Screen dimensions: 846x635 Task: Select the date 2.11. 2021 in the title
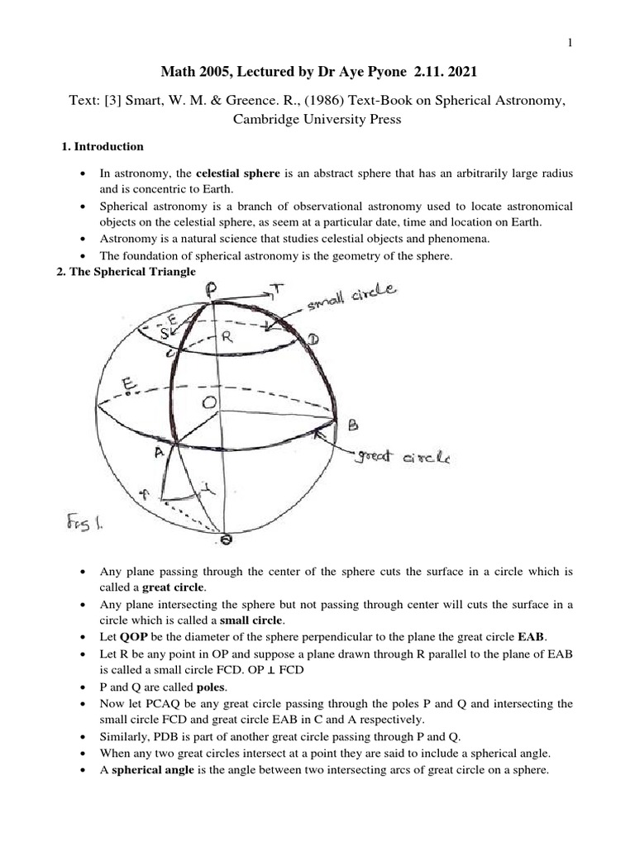click(x=439, y=74)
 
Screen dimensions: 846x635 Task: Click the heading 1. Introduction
click(x=103, y=146)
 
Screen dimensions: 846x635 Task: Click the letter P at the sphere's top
click(x=212, y=290)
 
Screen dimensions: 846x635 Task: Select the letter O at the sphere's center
click(x=211, y=401)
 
